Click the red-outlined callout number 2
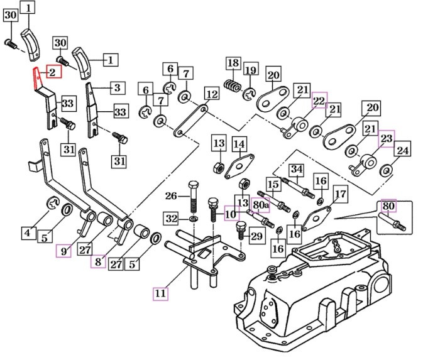(53, 73)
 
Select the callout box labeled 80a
(261, 204)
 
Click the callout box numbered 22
(320, 98)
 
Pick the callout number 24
(403, 151)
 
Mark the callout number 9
(63, 251)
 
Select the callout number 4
(27, 233)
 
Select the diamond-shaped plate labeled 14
(239, 166)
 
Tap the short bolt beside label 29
(241, 232)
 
